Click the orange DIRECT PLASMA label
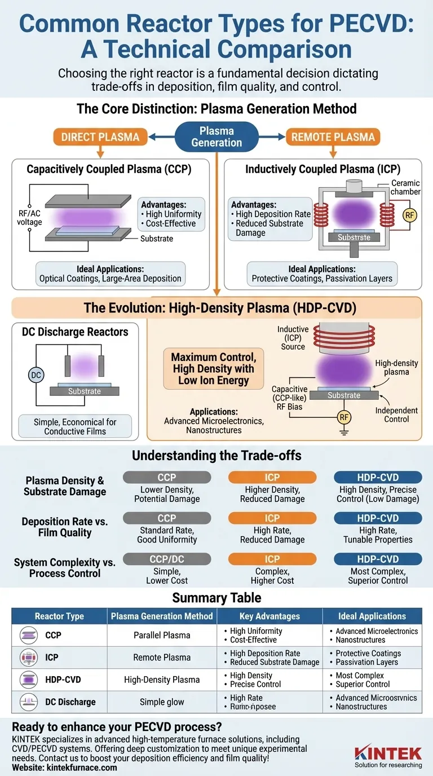point(100,136)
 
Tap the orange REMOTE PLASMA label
point(333,136)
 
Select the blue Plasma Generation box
point(216,137)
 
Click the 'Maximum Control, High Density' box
point(213,369)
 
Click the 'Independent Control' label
point(396,415)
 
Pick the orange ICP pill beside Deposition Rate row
point(272,518)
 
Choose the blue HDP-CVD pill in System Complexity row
point(378,559)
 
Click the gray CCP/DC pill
point(167,559)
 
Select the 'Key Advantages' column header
point(269,616)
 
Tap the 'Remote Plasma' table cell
point(162,658)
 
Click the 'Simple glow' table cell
point(162,702)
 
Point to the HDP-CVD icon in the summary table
point(28,680)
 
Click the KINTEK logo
point(388,753)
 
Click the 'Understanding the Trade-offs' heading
point(216,456)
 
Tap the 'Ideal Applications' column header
point(372,616)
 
